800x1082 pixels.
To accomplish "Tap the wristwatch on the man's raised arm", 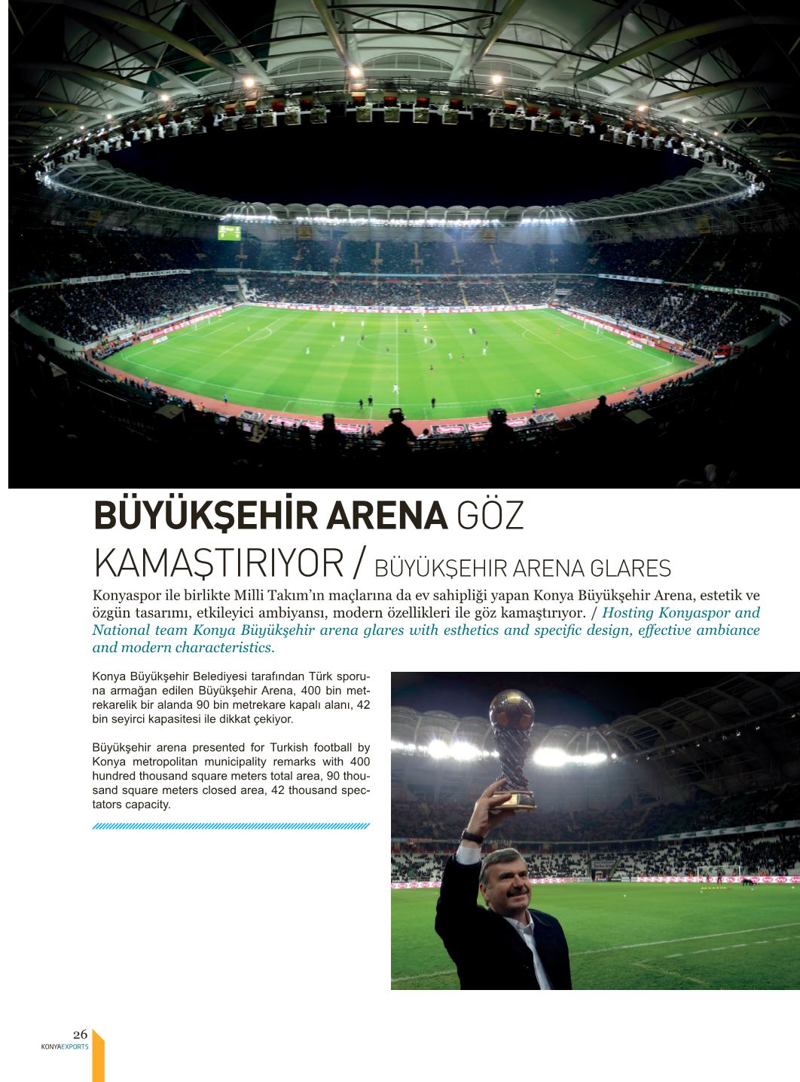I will pyautogui.click(x=472, y=835).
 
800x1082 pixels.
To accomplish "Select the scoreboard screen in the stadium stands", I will pyautogui.click(x=230, y=232).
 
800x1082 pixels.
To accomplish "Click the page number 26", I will pyautogui.click(x=81, y=1034).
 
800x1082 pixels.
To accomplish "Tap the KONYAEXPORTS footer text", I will pyautogui.click(x=65, y=1047).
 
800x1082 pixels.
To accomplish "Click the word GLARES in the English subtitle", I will pyautogui.click(x=633, y=567).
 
